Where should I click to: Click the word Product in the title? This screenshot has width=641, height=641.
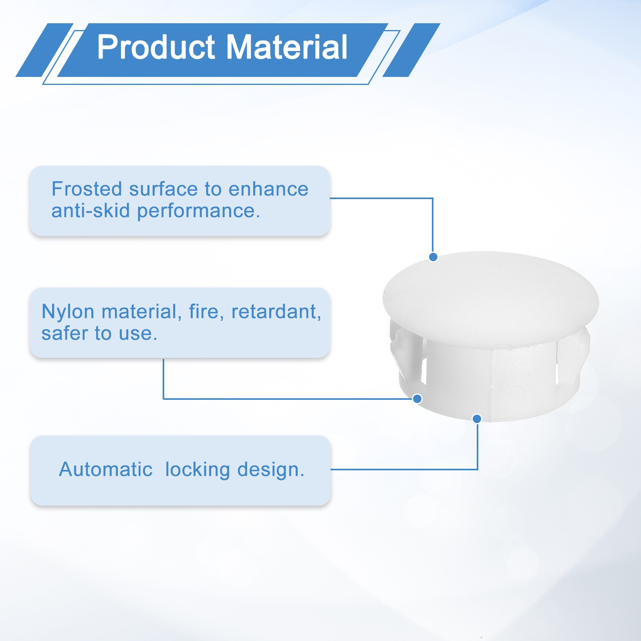pyautogui.click(x=157, y=47)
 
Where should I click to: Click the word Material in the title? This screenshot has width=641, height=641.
pyautogui.click(x=287, y=47)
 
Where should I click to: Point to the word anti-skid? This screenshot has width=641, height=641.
pyautogui.click(x=91, y=211)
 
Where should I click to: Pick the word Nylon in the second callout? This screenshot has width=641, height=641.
pyautogui.click(x=68, y=312)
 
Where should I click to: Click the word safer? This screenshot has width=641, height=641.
pyautogui.click(x=64, y=334)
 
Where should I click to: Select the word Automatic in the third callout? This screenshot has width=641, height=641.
pyautogui.click(x=106, y=469)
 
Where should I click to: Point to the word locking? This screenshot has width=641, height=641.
pyautogui.click(x=198, y=470)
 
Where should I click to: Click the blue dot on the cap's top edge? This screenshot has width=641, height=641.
pyautogui.click(x=433, y=257)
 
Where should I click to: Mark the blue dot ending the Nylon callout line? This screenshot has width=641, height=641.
pyautogui.click(x=417, y=399)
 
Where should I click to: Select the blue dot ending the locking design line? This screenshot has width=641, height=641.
pyautogui.click(x=477, y=419)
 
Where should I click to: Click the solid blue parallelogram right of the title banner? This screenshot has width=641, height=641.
pyautogui.click(x=411, y=50)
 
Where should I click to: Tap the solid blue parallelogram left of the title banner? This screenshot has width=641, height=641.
pyautogui.click(x=44, y=50)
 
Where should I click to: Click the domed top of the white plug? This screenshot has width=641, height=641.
pyautogui.click(x=491, y=296)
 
